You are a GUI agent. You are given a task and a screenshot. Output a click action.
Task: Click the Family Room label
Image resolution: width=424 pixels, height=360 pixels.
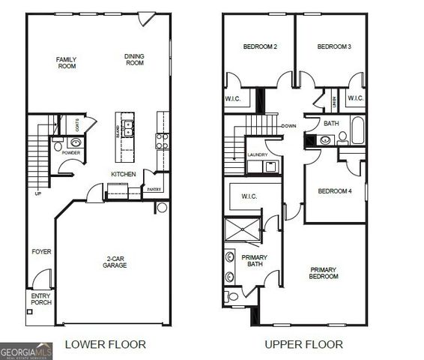click(x=67, y=63)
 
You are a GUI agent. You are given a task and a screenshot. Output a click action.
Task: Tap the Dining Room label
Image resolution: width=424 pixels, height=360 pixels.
click(x=135, y=59)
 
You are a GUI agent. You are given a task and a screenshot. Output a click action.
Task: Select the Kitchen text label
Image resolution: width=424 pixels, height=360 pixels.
click(x=123, y=174)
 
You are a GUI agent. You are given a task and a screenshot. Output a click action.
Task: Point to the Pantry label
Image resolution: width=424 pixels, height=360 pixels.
click(x=154, y=190)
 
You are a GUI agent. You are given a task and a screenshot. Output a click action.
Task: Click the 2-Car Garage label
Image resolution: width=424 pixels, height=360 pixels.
click(x=115, y=263)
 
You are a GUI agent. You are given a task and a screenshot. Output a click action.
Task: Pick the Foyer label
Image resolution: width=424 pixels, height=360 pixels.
click(x=41, y=252)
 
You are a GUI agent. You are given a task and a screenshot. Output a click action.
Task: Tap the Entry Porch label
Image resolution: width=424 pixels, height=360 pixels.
click(x=40, y=299)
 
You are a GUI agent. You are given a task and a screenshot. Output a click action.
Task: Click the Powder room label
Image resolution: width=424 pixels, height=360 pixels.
click(x=70, y=153)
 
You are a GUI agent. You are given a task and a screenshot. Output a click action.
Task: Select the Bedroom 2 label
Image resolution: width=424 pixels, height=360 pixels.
click(x=260, y=46)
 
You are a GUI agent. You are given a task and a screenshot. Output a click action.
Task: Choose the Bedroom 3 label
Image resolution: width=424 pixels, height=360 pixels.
click(x=334, y=46)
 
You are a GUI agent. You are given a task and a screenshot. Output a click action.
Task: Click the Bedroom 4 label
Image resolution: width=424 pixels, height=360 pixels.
click(x=335, y=191)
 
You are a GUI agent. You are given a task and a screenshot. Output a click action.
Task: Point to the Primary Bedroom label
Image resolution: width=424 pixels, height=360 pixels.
click(x=324, y=273)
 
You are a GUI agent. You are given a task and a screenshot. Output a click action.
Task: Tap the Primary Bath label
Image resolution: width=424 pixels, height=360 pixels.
click(x=254, y=261)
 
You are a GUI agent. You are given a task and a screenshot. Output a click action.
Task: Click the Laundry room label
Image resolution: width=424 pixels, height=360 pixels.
click(x=257, y=154)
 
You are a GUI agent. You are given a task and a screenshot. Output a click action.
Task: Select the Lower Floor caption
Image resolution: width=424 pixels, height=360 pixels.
click(x=105, y=344)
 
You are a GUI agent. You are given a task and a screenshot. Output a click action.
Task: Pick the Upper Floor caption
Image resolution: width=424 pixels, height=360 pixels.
click(x=303, y=344)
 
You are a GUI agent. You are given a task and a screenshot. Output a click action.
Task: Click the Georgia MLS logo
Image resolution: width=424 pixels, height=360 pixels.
click(x=26, y=351)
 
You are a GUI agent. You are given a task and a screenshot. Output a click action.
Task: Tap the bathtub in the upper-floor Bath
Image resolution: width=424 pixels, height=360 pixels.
click(x=357, y=131)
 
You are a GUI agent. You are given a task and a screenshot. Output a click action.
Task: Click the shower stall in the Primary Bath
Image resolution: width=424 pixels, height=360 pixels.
click(x=243, y=231)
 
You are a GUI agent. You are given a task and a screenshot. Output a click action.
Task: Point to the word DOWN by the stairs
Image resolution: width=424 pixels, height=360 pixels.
click(x=289, y=126)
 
